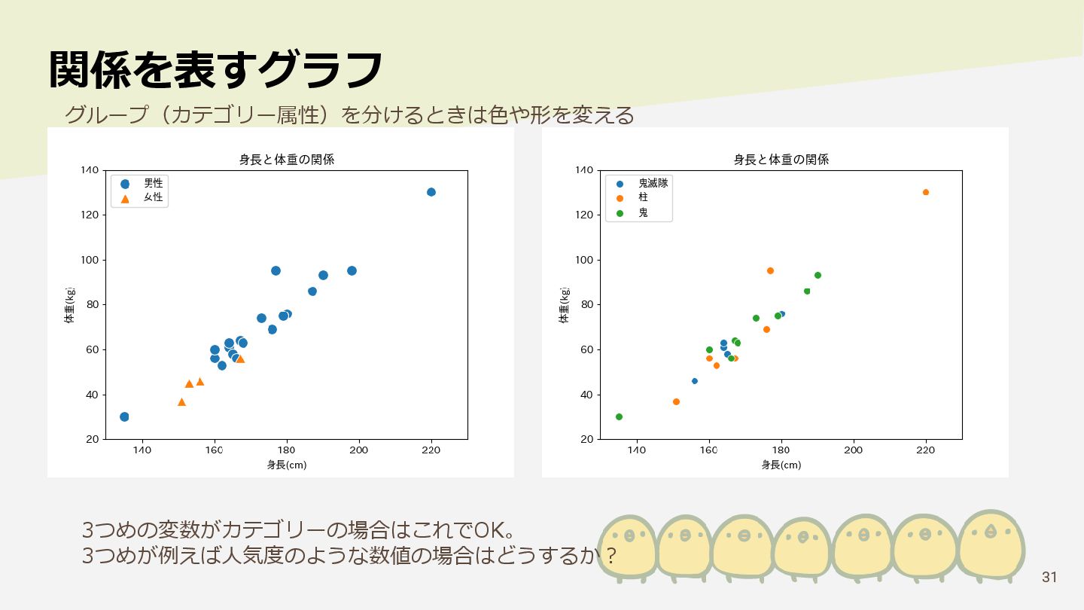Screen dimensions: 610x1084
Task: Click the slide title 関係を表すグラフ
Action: tap(216, 70)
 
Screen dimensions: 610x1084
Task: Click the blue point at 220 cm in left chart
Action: tap(431, 192)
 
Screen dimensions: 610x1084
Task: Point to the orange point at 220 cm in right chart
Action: tap(926, 192)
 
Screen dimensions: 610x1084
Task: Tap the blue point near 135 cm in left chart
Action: tap(124, 416)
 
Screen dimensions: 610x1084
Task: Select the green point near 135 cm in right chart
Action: tap(619, 416)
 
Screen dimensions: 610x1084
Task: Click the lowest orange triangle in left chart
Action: tap(181, 402)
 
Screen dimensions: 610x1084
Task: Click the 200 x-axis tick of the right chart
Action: tap(853, 450)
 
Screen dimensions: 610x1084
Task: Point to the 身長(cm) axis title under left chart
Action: tap(286, 465)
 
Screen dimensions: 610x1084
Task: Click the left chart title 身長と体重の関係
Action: tap(286, 160)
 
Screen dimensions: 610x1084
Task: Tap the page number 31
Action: tap(1049, 578)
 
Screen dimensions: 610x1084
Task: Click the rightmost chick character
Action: tap(991, 544)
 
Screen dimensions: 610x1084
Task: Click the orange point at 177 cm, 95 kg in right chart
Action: tap(770, 270)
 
